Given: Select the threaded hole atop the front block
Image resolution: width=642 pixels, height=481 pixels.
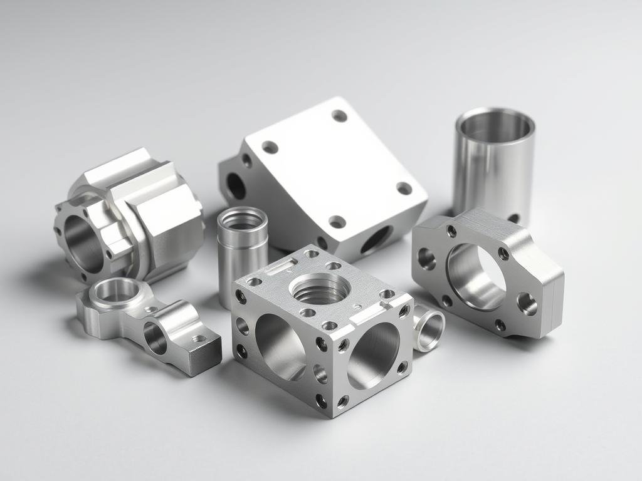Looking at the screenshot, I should click(x=319, y=289).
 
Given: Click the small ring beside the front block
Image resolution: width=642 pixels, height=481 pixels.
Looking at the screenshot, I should click(x=428, y=329).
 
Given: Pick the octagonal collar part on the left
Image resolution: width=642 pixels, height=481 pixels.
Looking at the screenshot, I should click(x=135, y=213).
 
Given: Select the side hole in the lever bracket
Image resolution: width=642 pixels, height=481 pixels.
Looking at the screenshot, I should click(x=156, y=338).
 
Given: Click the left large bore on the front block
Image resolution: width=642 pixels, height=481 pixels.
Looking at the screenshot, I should click(x=280, y=345).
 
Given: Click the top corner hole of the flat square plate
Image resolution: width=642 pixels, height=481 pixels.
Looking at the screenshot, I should click(x=339, y=116).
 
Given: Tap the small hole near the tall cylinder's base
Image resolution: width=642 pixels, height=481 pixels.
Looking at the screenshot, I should click(x=513, y=218).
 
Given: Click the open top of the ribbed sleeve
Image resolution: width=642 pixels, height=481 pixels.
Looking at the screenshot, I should click(x=242, y=219).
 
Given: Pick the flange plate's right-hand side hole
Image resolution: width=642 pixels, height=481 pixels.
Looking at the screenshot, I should click(x=527, y=304).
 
